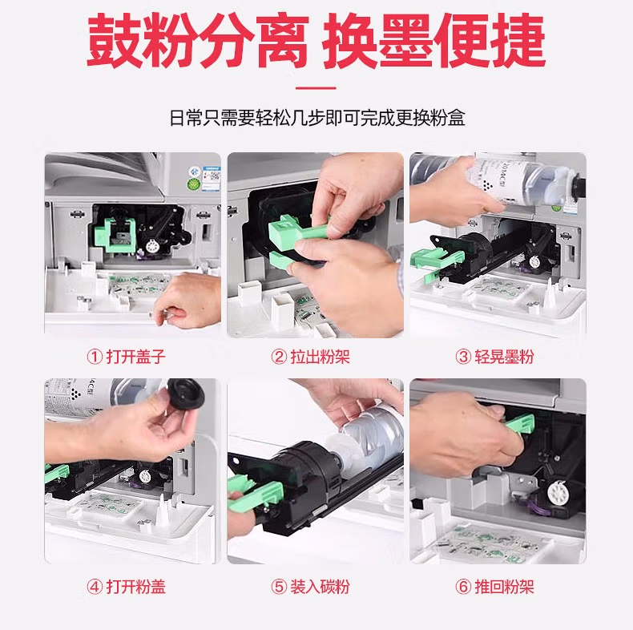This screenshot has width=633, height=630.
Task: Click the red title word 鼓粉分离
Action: click(x=198, y=41)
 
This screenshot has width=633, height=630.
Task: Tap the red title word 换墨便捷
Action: click(x=434, y=41)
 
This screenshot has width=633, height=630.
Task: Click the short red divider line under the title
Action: click(x=316, y=87)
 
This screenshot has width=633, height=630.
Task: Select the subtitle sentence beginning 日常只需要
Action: click(x=317, y=118)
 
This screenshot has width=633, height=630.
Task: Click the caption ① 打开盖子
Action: click(x=126, y=357)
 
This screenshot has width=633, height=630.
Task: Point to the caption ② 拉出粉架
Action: click(x=310, y=357)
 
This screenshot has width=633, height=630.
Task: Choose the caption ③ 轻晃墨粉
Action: click(x=494, y=357)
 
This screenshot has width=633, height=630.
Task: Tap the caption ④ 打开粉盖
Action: click(x=126, y=587)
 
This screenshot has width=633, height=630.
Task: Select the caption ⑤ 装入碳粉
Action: click(x=310, y=587)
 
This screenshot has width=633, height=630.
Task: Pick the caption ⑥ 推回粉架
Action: click(x=494, y=587)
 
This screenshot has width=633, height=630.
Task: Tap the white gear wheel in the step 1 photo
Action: click(x=152, y=246)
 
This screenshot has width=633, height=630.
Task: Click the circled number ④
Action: click(x=95, y=587)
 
